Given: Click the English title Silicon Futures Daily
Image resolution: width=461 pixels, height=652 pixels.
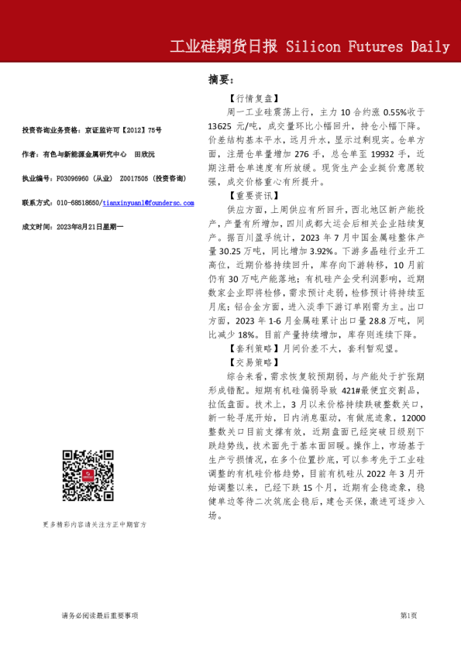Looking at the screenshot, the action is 368,47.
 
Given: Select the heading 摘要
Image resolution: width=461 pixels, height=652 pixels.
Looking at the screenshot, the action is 221,80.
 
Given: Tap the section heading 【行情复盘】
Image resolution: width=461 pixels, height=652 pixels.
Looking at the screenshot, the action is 252,99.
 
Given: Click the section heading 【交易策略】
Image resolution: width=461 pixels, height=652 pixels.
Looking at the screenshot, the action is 252,361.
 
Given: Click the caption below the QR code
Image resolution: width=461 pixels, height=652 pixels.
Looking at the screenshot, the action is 95,524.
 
